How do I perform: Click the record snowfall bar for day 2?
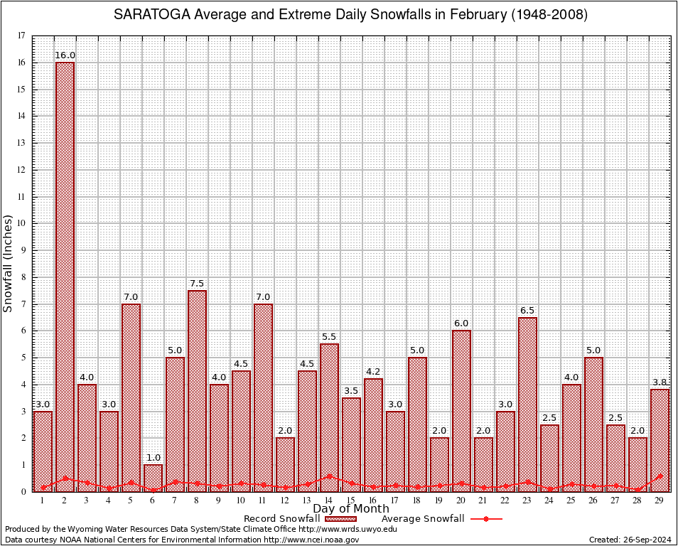click(65, 277)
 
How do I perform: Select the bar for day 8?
click(197, 390)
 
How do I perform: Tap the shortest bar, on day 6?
click(153, 478)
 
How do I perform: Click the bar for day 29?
click(660, 440)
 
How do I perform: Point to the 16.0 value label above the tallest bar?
click(65, 55)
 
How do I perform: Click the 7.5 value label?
click(197, 284)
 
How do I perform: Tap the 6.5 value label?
click(527, 311)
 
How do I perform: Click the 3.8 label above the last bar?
click(660, 382)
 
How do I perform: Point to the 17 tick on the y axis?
click(21, 36)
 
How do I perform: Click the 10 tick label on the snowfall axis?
click(21, 223)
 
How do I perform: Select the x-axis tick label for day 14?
click(329, 500)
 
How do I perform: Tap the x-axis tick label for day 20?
click(461, 500)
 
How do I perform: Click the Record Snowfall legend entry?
click(281, 519)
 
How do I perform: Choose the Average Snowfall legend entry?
click(422, 519)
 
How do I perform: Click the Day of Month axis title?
click(350, 509)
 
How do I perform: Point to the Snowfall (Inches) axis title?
click(9, 263)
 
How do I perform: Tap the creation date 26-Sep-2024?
click(644, 540)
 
